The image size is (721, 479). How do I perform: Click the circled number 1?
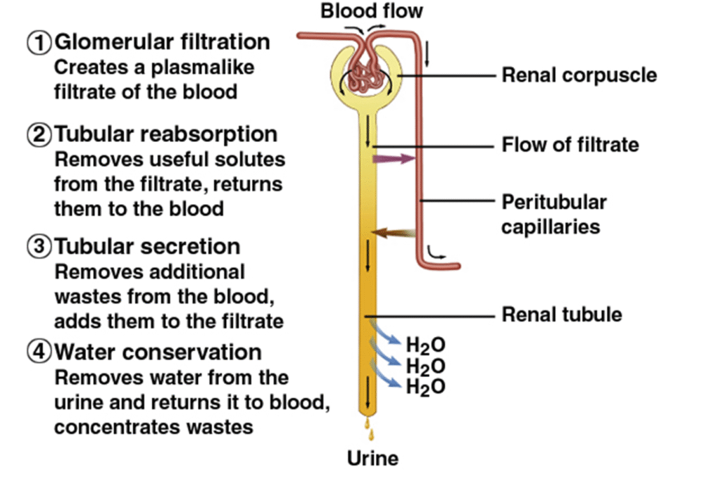click(x=39, y=43)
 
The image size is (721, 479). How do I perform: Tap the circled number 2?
click(x=39, y=134)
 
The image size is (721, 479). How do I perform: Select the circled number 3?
click(x=39, y=247)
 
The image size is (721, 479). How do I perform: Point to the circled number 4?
click(x=39, y=351)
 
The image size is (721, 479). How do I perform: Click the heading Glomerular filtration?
click(x=162, y=42)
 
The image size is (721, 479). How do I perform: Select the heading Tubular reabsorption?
click(x=166, y=134)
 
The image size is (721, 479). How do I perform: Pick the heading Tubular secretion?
click(x=147, y=246)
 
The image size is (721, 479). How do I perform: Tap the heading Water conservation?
click(x=158, y=351)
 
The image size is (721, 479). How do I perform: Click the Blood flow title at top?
click(x=372, y=11)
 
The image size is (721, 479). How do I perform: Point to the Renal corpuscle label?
click(x=579, y=75)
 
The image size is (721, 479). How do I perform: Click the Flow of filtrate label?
click(x=570, y=145)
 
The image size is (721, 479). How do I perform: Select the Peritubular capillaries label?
click(x=553, y=215)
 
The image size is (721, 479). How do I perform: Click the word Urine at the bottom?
click(x=372, y=459)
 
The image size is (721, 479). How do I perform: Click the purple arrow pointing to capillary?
click(x=394, y=159)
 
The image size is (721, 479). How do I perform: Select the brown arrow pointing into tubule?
click(x=394, y=233)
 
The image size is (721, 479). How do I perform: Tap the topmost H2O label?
click(x=426, y=345)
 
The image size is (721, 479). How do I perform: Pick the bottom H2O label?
click(x=426, y=386)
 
